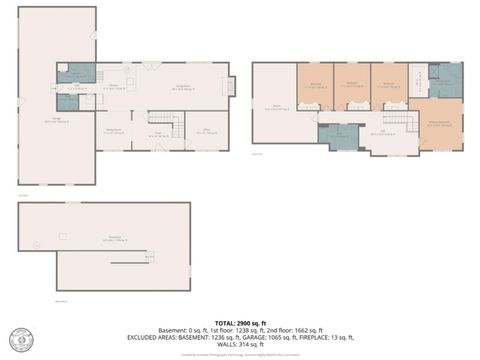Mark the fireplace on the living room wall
230,86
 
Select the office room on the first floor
207,129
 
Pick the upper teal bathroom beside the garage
75,72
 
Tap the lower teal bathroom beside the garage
67,101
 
